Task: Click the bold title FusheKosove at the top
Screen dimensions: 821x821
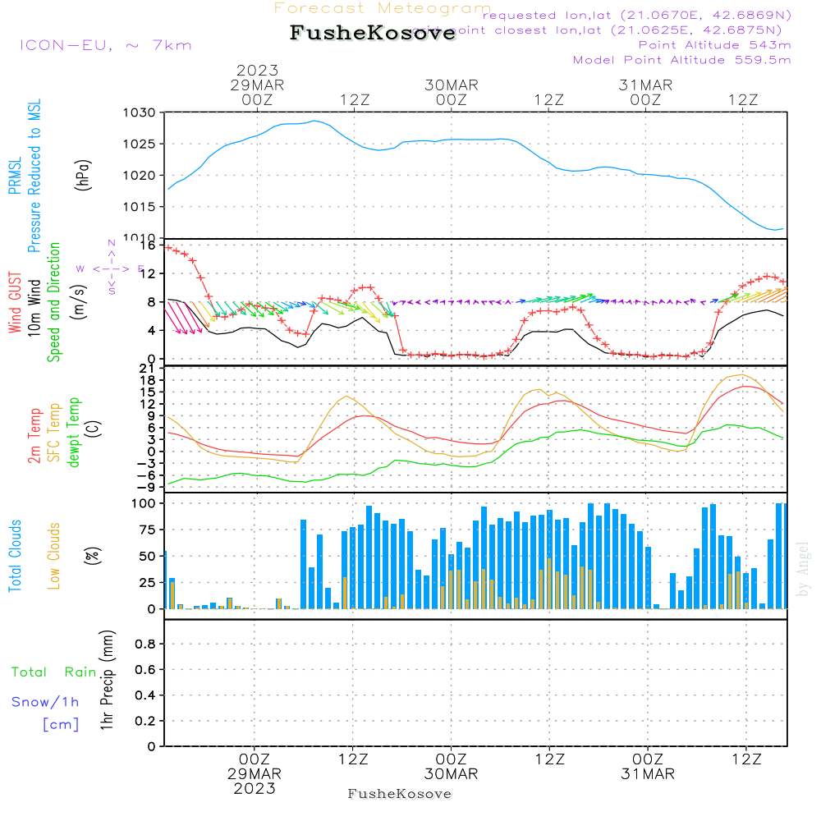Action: (372, 34)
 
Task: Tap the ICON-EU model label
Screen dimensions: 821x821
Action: (105, 44)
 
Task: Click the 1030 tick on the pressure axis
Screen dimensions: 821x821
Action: (139, 112)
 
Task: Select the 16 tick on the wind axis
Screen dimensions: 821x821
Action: (148, 245)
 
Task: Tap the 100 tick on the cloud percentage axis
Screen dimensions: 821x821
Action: (143, 503)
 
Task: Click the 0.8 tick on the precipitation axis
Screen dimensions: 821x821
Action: (144, 644)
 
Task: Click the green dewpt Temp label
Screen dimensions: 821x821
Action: (74, 433)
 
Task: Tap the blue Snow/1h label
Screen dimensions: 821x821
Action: (45, 701)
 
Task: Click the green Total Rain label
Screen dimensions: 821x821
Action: (53, 672)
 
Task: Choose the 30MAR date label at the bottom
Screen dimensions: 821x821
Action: (451, 774)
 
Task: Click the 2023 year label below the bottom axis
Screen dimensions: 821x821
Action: (255, 788)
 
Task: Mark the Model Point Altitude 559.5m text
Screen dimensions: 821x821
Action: (681, 60)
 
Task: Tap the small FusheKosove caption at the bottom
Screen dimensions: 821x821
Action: (400, 794)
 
